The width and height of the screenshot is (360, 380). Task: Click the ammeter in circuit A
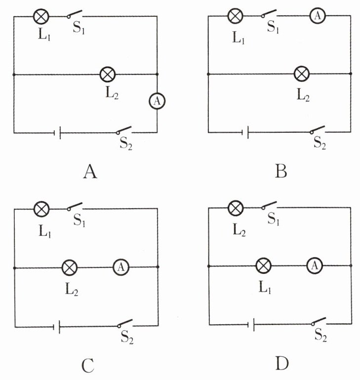coord(157,101)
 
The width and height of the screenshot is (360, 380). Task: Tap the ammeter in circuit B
coord(318,16)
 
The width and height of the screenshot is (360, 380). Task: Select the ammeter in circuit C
coord(120,267)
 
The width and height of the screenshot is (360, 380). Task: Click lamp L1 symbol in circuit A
coord(41,16)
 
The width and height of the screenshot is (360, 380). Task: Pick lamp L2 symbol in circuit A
coord(107,75)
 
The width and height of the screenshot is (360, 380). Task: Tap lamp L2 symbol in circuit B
coord(301,75)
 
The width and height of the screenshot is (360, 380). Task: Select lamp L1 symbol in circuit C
coord(41,209)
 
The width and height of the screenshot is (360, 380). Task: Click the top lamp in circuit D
coord(236,207)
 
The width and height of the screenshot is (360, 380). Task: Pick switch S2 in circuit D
coord(320,322)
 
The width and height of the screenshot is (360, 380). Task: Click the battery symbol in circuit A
coord(57,132)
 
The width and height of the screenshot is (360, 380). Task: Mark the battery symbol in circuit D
coord(251,324)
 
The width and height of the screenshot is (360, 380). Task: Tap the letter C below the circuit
coord(87,366)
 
